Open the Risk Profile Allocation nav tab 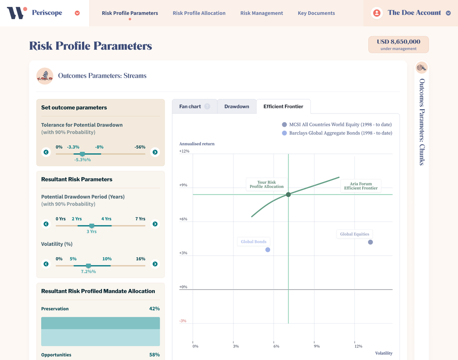tap(199, 13)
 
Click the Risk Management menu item tap(262, 13)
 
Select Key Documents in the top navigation tap(316, 13)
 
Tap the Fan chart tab tap(190, 106)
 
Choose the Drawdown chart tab tap(237, 106)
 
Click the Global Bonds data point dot tap(267, 250)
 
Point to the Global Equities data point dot tap(370, 242)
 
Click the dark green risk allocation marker tap(288, 195)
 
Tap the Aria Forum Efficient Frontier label tap(360, 186)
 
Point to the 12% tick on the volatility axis tap(358, 347)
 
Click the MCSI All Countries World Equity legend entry tap(340, 125)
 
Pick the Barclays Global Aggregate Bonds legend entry tap(340, 133)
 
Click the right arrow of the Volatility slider tap(155, 264)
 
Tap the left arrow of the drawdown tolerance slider tap(46, 152)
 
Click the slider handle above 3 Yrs tap(92, 226)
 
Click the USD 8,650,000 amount tap(398, 42)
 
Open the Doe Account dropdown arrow tap(448, 13)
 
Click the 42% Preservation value tap(154, 309)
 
